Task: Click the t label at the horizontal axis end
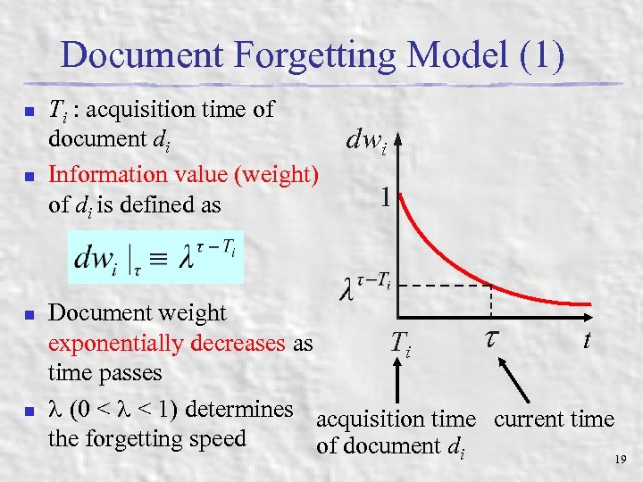586,339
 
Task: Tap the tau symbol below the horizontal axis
491,337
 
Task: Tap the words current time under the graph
554,419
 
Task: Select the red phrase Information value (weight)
183,174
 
